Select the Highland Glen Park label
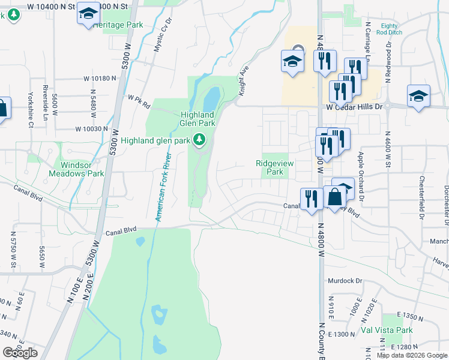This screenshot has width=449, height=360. tap(198, 119)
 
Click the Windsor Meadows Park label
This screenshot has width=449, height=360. tap(82, 169)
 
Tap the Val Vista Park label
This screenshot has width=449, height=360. tap(387, 330)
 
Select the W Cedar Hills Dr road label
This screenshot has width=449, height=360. tap(354, 106)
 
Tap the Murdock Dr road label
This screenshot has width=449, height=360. tap(346, 280)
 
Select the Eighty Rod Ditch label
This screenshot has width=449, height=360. tap(389, 30)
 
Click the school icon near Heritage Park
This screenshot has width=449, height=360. tap(88, 14)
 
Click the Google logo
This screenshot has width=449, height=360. tap(20, 353)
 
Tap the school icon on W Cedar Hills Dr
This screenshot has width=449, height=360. tap(418, 96)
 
